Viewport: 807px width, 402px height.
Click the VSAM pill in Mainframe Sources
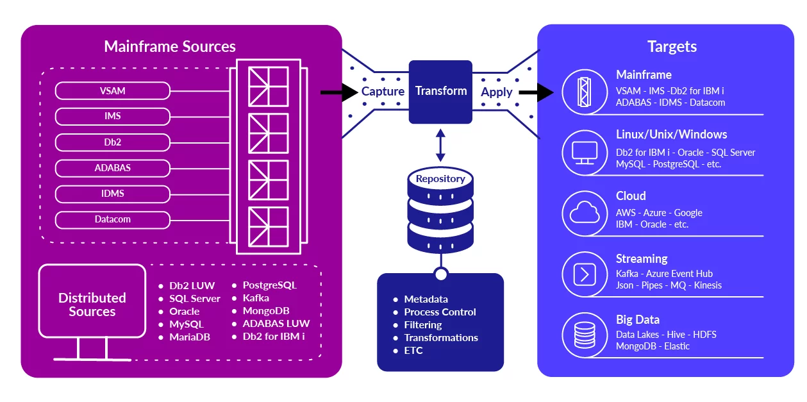pyautogui.click(x=113, y=91)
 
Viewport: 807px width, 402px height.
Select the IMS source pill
pyautogui.click(x=113, y=117)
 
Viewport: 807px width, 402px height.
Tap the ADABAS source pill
pyautogui.click(x=113, y=168)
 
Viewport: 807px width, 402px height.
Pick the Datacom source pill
pyautogui.click(x=113, y=219)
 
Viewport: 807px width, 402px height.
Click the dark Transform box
pyautogui.click(x=440, y=91)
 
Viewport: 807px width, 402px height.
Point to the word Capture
pyautogui.click(x=383, y=92)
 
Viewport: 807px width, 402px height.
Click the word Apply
pyautogui.click(x=497, y=92)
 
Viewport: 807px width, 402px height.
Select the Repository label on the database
pyautogui.click(x=440, y=179)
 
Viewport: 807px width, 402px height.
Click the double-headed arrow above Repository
pyautogui.click(x=440, y=145)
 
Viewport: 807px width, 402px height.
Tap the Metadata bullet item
pyautogui.click(x=426, y=299)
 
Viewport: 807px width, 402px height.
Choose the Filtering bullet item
pyautogui.click(x=422, y=325)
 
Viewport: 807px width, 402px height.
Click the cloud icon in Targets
pyautogui.click(x=584, y=212)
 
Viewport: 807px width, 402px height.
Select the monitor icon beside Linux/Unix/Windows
pyautogui.click(x=584, y=152)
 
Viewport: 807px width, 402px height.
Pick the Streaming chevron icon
pyautogui.click(x=584, y=275)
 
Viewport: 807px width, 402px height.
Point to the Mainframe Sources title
pyautogui.click(x=170, y=47)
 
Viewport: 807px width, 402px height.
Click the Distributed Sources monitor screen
pyautogui.click(x=92, y=301)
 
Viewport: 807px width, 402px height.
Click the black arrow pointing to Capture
pyautogui.click(x=339, y=92)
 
